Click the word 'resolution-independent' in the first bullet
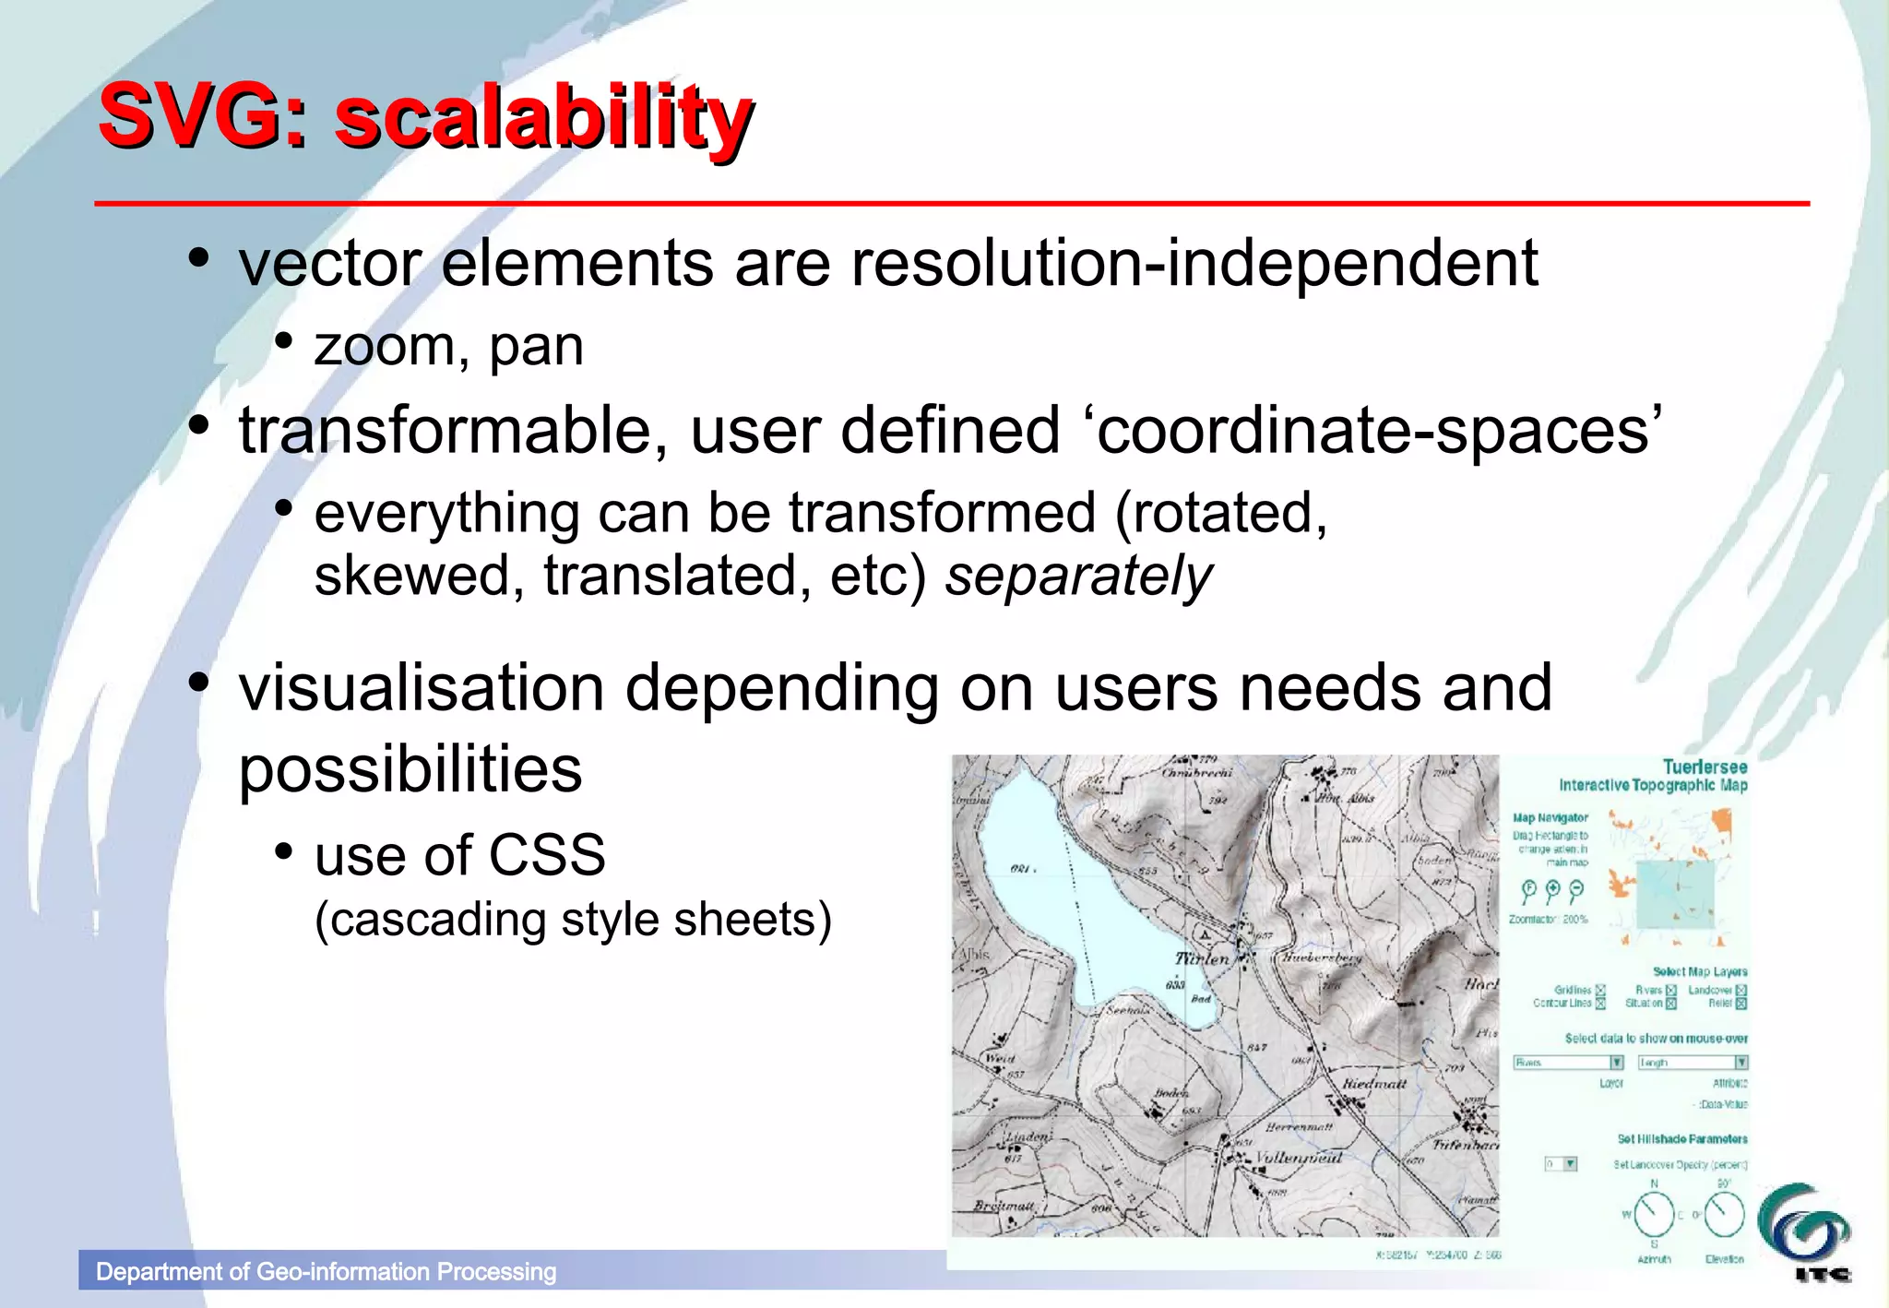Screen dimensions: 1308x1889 click(x=1194, y=264)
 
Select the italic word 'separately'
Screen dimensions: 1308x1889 click(x=1078, y=577)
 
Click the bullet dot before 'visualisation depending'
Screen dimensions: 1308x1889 click(x=197, y=684)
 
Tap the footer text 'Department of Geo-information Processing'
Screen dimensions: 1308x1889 click(x=326, y=1272)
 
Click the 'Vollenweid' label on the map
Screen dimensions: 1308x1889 click(x=1298, y=1158)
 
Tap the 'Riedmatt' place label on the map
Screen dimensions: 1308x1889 click(x=1374, y=1083)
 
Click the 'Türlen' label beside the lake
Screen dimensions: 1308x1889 click(x=1201, y=958)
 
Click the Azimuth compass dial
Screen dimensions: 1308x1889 click(x=1654, y=1215)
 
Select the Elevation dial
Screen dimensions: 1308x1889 click(x=1724, y=1215)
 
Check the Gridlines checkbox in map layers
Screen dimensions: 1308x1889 click(x=1600, y=990)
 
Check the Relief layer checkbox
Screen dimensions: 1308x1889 click(x=1741, y=1004)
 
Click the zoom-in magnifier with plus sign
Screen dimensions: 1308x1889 click(x=1552, y=890)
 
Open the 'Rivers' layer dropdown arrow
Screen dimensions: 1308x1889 click(x=1616, y=1063)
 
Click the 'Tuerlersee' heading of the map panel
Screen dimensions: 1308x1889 click(x=1705, y=767)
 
